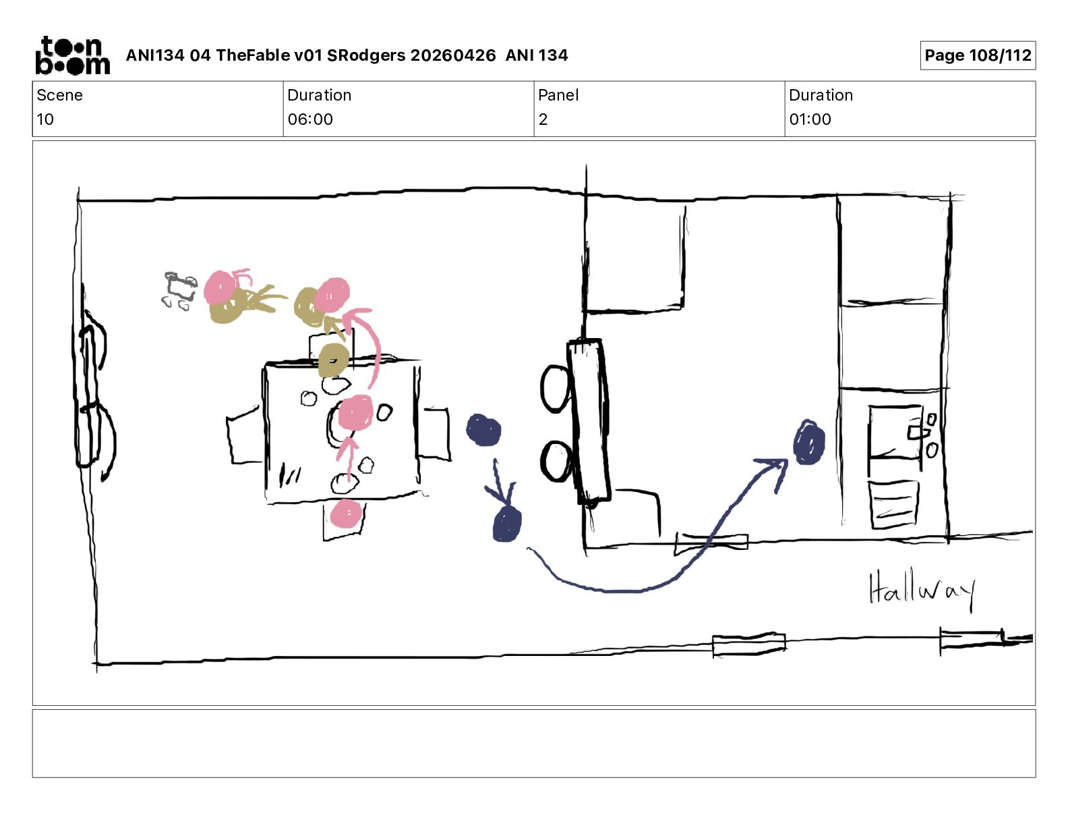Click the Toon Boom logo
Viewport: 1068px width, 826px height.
point(73,55)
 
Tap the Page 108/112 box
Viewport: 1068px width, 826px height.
point(978,55)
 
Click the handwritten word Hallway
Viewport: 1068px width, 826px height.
point(922,590)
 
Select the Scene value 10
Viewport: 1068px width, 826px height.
point(44,119)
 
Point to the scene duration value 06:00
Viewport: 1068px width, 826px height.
point(310,119)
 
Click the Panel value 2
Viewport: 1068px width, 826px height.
point(543,119)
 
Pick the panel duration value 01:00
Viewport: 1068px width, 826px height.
point(810,119)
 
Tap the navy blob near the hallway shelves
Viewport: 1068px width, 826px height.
point(809,442)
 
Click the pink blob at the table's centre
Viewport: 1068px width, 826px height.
point(355,412)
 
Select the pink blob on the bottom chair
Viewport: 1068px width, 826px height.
point(346,513)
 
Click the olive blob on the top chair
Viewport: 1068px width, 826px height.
point(333,360)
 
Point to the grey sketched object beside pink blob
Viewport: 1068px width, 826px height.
point(179,290)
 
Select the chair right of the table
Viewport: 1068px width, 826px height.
point(434,433)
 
